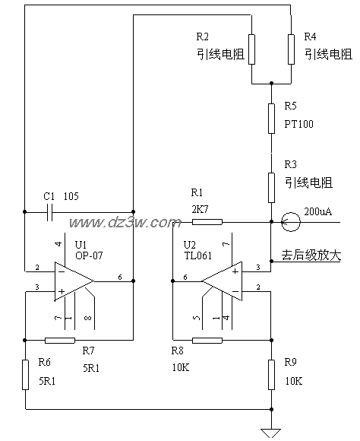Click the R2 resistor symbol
point(252,49)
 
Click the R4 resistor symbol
point(291,49)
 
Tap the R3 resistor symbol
point(271,186)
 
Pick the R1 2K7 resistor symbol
point(207,223)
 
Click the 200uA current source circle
point(289,223)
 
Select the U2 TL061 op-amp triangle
point(221,281)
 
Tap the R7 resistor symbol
point(59,340)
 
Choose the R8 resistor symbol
point(207,340)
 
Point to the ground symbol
point(271,432)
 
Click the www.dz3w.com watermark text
point(125,223)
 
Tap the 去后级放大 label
point(311,255)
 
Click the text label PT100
point(298,123)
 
